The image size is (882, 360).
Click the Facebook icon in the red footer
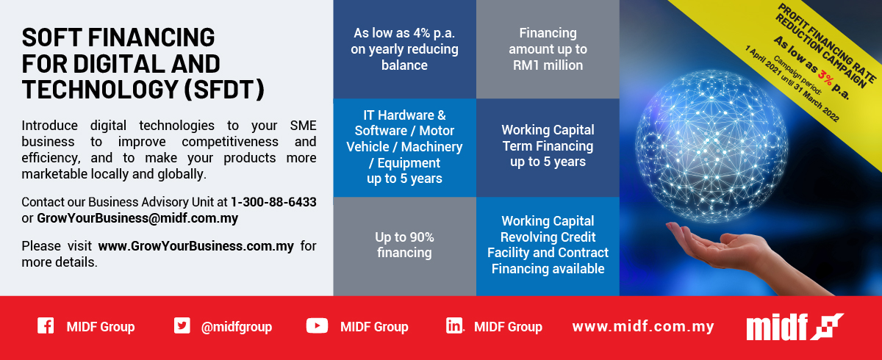[46, 326]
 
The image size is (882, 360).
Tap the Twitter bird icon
[182, 326]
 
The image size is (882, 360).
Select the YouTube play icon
[317, 326]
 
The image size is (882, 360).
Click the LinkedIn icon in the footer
[454, 326]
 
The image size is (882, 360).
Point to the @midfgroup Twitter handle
[236, 327]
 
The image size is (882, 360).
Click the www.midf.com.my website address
[643, 327]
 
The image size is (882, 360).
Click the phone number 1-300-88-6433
[273, 202]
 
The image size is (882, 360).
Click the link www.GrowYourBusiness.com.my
[196, 246]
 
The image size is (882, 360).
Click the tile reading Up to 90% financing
[404, 245]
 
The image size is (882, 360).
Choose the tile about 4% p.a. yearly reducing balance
[404, 49]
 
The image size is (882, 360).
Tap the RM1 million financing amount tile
[548, 49]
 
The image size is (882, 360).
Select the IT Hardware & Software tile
[404, 147]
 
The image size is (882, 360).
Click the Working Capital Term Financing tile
[548, 145]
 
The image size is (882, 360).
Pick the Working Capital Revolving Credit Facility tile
[548, 245]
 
